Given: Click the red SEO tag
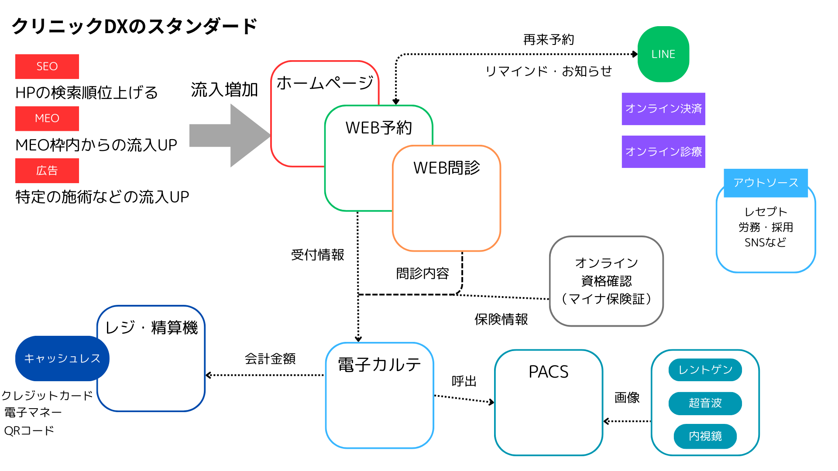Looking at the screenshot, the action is pos(47,66).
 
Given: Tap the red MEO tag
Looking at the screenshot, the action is pos(47,118).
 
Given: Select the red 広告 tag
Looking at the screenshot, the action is pos(47,171).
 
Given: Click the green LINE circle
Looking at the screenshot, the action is pos(663,54).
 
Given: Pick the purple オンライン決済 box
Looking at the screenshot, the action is pos(663,109).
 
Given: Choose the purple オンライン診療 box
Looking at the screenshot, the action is pos(663,152).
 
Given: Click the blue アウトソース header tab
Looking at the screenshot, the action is pos(766,183).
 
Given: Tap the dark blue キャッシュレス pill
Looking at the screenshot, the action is pos(62,358).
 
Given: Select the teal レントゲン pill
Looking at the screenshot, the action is pos(705,370).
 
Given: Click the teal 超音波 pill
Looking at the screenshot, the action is pos(705,403).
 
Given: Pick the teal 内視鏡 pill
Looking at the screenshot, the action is pos(705,436).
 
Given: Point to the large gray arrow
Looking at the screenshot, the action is pos(230,136).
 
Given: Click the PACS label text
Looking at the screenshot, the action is pos(549,372).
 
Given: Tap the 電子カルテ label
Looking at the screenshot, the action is pos(379,365).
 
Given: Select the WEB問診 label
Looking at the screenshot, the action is pos(446,168).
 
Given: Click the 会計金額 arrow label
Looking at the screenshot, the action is pos(270,359).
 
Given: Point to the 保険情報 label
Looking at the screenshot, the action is pos(501,319).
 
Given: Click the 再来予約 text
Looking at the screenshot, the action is pos(549,40).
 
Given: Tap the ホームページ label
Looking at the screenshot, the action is pos(325,83).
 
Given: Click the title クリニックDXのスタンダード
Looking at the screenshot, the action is pos(134,26).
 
